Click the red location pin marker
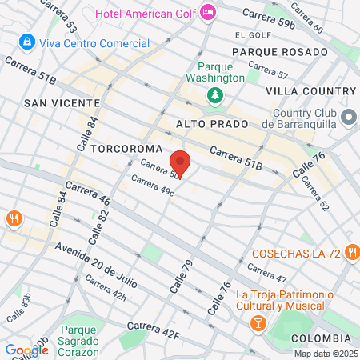[x=181, y=164]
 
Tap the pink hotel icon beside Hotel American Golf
[x=208, y=13]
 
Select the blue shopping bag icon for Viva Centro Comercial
[x=26, y=40]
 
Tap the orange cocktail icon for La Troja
[x=258, y=323]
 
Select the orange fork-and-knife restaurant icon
[x=14, y=218]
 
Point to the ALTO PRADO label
[x=207, y=126]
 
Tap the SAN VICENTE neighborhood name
[x=62, y=103]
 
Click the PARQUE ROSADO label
[x=279, y=51]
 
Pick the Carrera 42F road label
[x=154, y=329]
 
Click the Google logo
[x=26, y=350]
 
